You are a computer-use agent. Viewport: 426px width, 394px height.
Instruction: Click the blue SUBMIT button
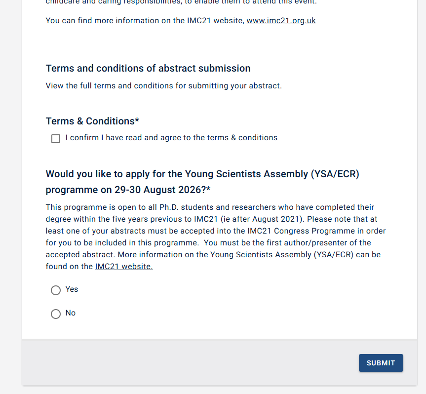(381, 363)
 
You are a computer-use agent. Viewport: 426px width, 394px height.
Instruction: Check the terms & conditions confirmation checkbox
(56, 139)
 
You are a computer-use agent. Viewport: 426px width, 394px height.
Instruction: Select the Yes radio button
(56, 290)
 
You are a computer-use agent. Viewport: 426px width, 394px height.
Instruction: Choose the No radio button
(56, 314)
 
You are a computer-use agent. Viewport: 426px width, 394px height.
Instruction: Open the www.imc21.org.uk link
(281, 21)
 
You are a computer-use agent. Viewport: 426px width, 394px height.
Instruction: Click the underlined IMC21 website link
(124, 267)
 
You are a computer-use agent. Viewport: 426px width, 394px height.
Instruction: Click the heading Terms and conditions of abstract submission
(148, 68)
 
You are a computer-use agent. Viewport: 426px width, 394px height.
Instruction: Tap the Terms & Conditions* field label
(92, 121)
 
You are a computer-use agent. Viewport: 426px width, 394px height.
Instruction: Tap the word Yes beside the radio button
(72, 289)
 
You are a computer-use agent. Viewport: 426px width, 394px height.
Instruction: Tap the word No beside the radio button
(71, 313)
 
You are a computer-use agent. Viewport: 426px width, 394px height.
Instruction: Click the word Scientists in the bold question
(235, 174)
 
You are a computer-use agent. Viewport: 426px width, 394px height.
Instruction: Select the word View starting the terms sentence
(55, 86)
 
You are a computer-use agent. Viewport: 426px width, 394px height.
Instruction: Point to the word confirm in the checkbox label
(85, 138)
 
